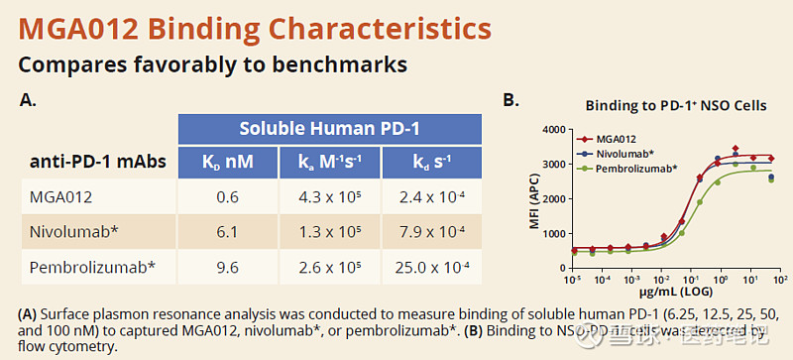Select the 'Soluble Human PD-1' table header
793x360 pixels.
[x=329, y=128]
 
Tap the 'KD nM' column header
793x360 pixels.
[x=228, y=161]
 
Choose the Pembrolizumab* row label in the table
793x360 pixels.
[x=90, y=266]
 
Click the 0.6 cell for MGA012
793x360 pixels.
[x=228, y=196]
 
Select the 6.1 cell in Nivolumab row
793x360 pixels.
[x=228, y=231]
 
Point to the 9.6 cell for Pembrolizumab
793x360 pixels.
[x=228, y=266]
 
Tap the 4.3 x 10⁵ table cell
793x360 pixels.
[x=329, y=196]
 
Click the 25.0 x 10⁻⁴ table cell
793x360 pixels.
[x=430, y=266]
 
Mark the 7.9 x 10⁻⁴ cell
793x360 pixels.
[x=430, y=231]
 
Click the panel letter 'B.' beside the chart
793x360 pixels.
[x=512, y=100]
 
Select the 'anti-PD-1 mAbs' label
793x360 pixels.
[x=94, y=161]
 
